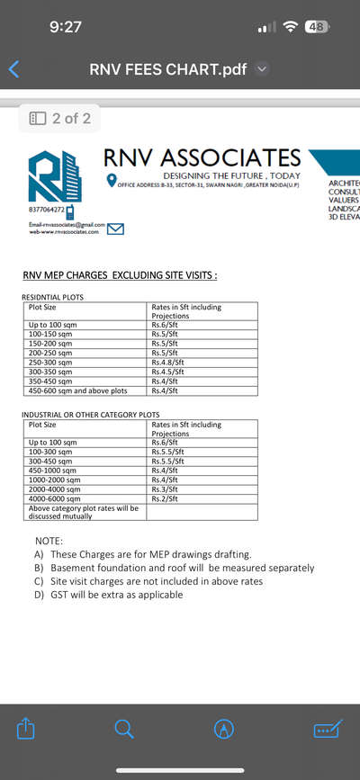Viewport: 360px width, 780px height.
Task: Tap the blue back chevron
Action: click(13, 68)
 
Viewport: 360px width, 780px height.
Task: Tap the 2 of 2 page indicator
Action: click(59, 118)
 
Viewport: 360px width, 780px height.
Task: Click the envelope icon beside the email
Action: click(115, 229)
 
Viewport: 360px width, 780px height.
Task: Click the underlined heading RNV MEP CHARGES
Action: click(120, 274)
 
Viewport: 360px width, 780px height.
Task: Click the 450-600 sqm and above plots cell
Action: click(78, 390)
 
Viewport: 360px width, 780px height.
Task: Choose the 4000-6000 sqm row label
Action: click(55, 498)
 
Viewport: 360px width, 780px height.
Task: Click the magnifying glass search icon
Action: click(125, 730)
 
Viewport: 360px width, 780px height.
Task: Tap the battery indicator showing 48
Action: click(318, 27)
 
